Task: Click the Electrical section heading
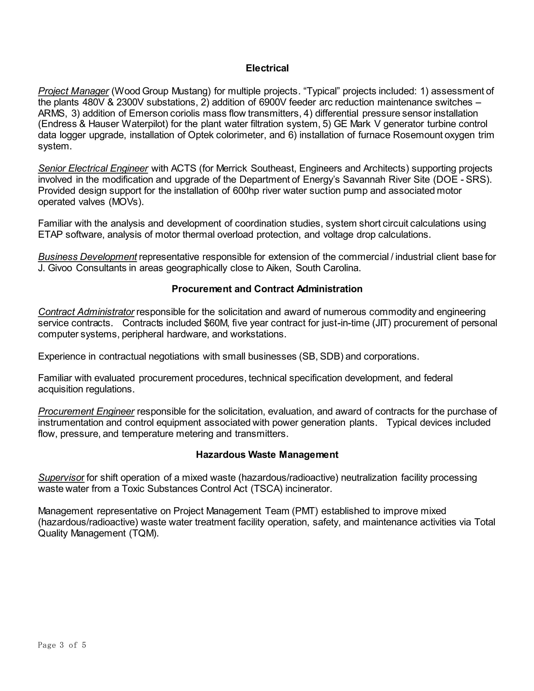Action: (267, 68)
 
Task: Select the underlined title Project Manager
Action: (73, 91)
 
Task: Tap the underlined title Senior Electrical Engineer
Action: (93, 168)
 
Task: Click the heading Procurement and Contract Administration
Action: (267, 289)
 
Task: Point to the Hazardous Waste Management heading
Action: (267, 455)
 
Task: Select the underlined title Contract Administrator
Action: (86, 312)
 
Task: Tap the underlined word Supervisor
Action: (61, 477)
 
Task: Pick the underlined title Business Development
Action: (87, 257)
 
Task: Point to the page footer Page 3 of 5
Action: (62, 645)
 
